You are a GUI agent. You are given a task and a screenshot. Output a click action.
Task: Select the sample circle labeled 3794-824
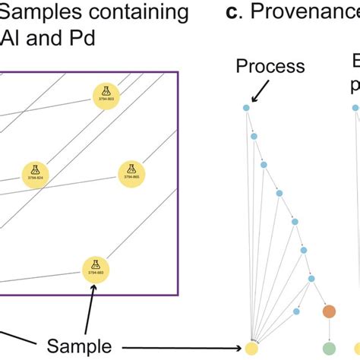pos(32,172)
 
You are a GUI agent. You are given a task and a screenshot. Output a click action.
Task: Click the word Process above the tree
pos(270,66)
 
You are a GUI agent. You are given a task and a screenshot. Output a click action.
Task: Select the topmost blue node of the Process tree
pos(246,108)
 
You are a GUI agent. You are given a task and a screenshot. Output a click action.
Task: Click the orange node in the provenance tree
pos(329,311)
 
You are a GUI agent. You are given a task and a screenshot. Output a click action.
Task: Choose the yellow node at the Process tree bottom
pos(250,349)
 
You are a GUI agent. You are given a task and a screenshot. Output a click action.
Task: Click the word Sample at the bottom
pos(78,346)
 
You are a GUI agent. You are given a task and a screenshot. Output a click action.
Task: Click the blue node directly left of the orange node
pos(297,311)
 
